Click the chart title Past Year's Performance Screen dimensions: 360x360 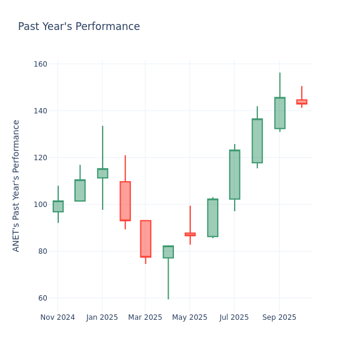point(79,27)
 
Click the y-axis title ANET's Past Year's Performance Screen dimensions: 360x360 point(16,185)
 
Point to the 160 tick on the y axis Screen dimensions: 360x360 point(40,64)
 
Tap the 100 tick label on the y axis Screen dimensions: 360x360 point(40,205)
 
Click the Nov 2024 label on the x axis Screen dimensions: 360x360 point(58,317)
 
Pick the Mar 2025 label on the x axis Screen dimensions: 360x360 point(145,317)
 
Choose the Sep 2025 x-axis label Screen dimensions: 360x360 point(279,317)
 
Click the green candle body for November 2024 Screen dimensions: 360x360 point(58,206)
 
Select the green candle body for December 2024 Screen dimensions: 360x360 point(80,190)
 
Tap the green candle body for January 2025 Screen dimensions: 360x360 point(103,173)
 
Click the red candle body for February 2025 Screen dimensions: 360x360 point(125,201)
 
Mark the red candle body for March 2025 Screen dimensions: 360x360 point(145,239)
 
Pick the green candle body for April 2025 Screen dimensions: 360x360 point(168,252)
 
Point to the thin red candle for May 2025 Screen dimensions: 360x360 point(190,234)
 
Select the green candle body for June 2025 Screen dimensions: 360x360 point(212,218)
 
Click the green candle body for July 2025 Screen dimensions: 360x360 point(235,175)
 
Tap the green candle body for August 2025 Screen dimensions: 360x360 point(257,141)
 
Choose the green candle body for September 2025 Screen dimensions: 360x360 point(280,113)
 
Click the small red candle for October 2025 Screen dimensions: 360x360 point(301,102)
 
